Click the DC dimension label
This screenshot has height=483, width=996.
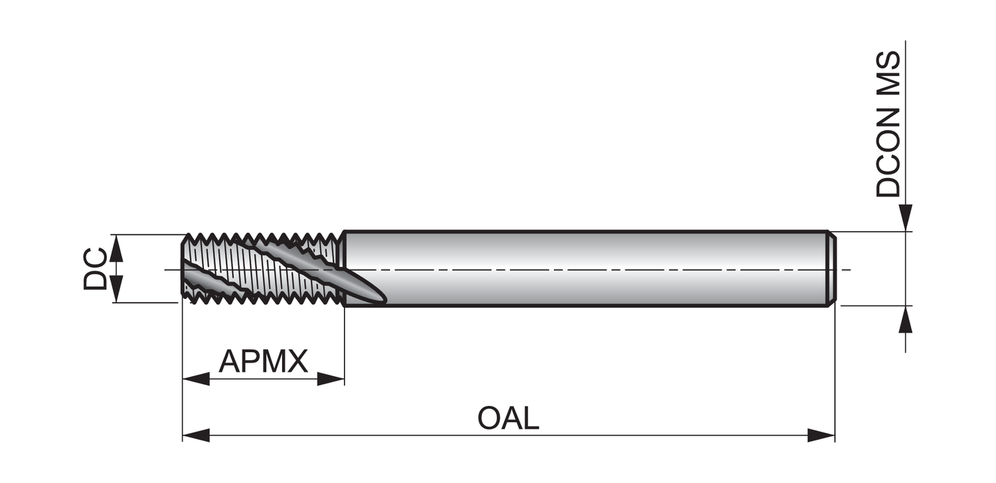click(96, 268)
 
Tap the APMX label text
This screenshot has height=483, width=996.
click(264, 361)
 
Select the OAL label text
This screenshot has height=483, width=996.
click(508, 419)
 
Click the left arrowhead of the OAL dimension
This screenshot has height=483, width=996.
click(196, 436)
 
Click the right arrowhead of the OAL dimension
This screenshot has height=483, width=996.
click(821, 436)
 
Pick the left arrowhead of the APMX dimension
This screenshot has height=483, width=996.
click(196, 379)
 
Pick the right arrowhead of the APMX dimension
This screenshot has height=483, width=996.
click(331, 379)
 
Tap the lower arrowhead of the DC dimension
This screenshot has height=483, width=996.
click(116, 290)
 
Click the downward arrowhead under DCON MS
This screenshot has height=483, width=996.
click(906, 218)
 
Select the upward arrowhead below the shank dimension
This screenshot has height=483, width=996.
click(906, 320)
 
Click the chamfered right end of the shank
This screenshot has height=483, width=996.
click(830, 268)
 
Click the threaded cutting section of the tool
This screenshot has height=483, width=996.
click(262, 268)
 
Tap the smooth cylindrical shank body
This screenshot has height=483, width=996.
click(584, 268)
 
